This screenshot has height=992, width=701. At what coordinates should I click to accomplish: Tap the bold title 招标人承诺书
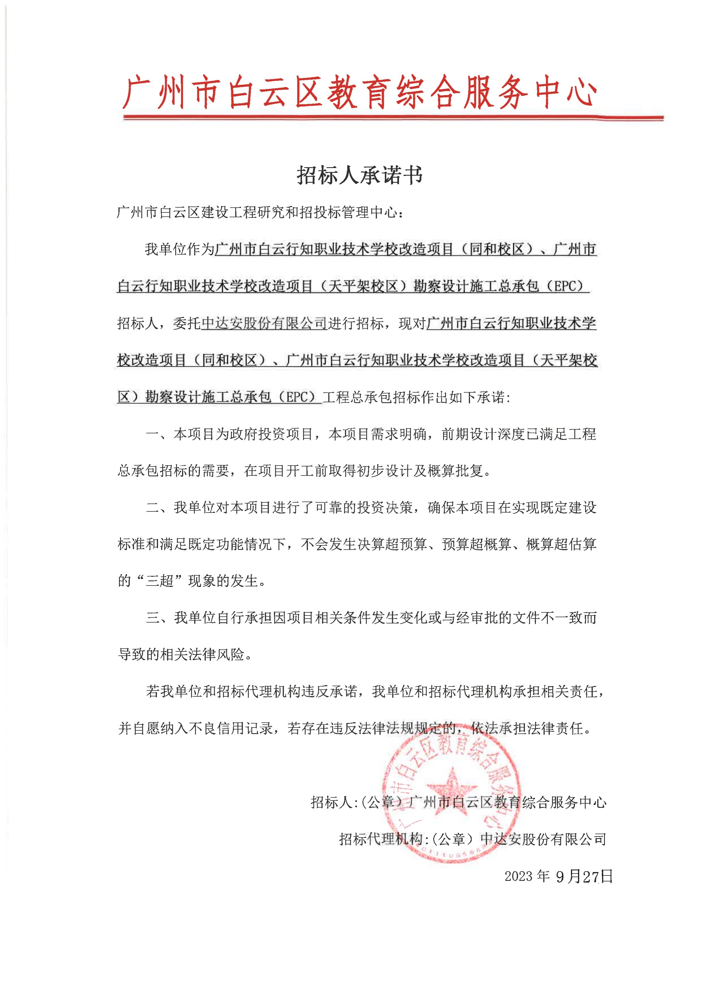[x=359, y=175]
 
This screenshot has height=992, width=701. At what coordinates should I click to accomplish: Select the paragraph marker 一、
[x=159, y=434]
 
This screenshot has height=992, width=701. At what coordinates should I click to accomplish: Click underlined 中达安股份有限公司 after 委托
[x=264, y=323]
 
